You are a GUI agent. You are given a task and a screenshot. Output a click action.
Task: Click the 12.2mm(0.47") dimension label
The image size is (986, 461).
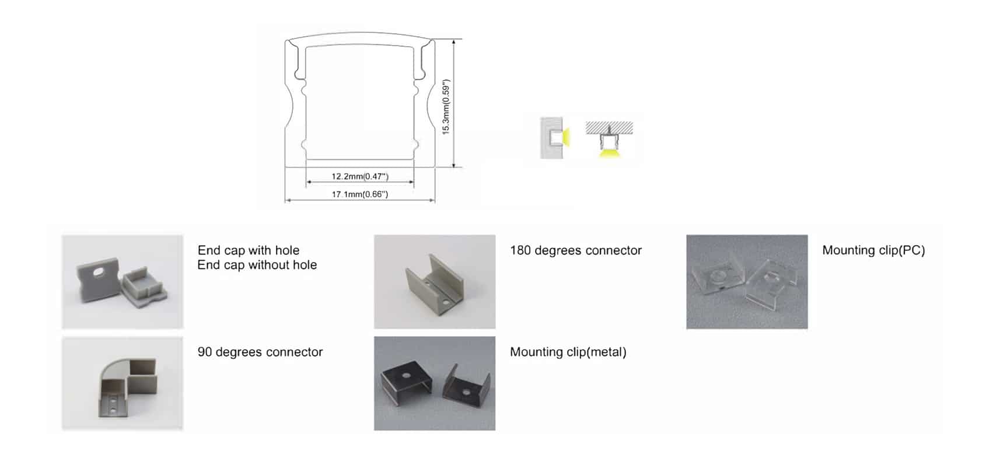click(359, 176)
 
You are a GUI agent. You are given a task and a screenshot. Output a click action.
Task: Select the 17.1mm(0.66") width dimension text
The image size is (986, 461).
click(359, 194)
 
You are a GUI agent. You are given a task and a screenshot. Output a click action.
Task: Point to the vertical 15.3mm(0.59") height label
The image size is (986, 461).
click(446, 107)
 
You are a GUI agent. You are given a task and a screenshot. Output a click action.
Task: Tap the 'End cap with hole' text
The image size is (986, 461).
click(249, 250)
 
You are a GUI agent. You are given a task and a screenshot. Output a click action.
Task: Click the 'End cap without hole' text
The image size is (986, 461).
click(257, 264)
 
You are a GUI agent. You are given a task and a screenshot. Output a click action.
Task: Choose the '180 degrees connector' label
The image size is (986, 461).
click(576, 250)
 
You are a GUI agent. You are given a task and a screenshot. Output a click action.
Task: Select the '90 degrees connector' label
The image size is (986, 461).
click(260, 352)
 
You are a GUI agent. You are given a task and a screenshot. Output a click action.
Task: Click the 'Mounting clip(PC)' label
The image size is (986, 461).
click(873, 250)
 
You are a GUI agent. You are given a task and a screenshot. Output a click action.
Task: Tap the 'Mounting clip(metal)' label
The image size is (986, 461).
click(568, 352)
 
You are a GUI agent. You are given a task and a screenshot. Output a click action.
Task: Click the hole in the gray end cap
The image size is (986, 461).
click(98, 273)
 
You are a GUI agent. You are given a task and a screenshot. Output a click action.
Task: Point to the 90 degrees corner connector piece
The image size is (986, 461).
click(127, 387)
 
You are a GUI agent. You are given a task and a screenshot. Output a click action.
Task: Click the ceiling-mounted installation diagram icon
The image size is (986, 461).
click(609, 139)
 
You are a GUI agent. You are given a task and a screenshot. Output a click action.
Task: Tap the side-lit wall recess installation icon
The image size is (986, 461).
click(555, 137)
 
